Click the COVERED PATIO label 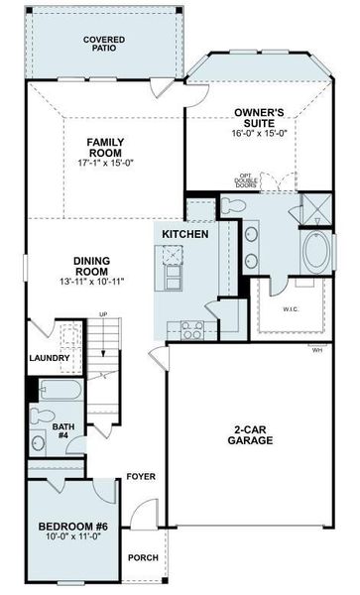103,44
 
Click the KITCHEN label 185,234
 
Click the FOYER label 141,477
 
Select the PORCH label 143,557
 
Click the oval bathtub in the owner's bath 315,255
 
